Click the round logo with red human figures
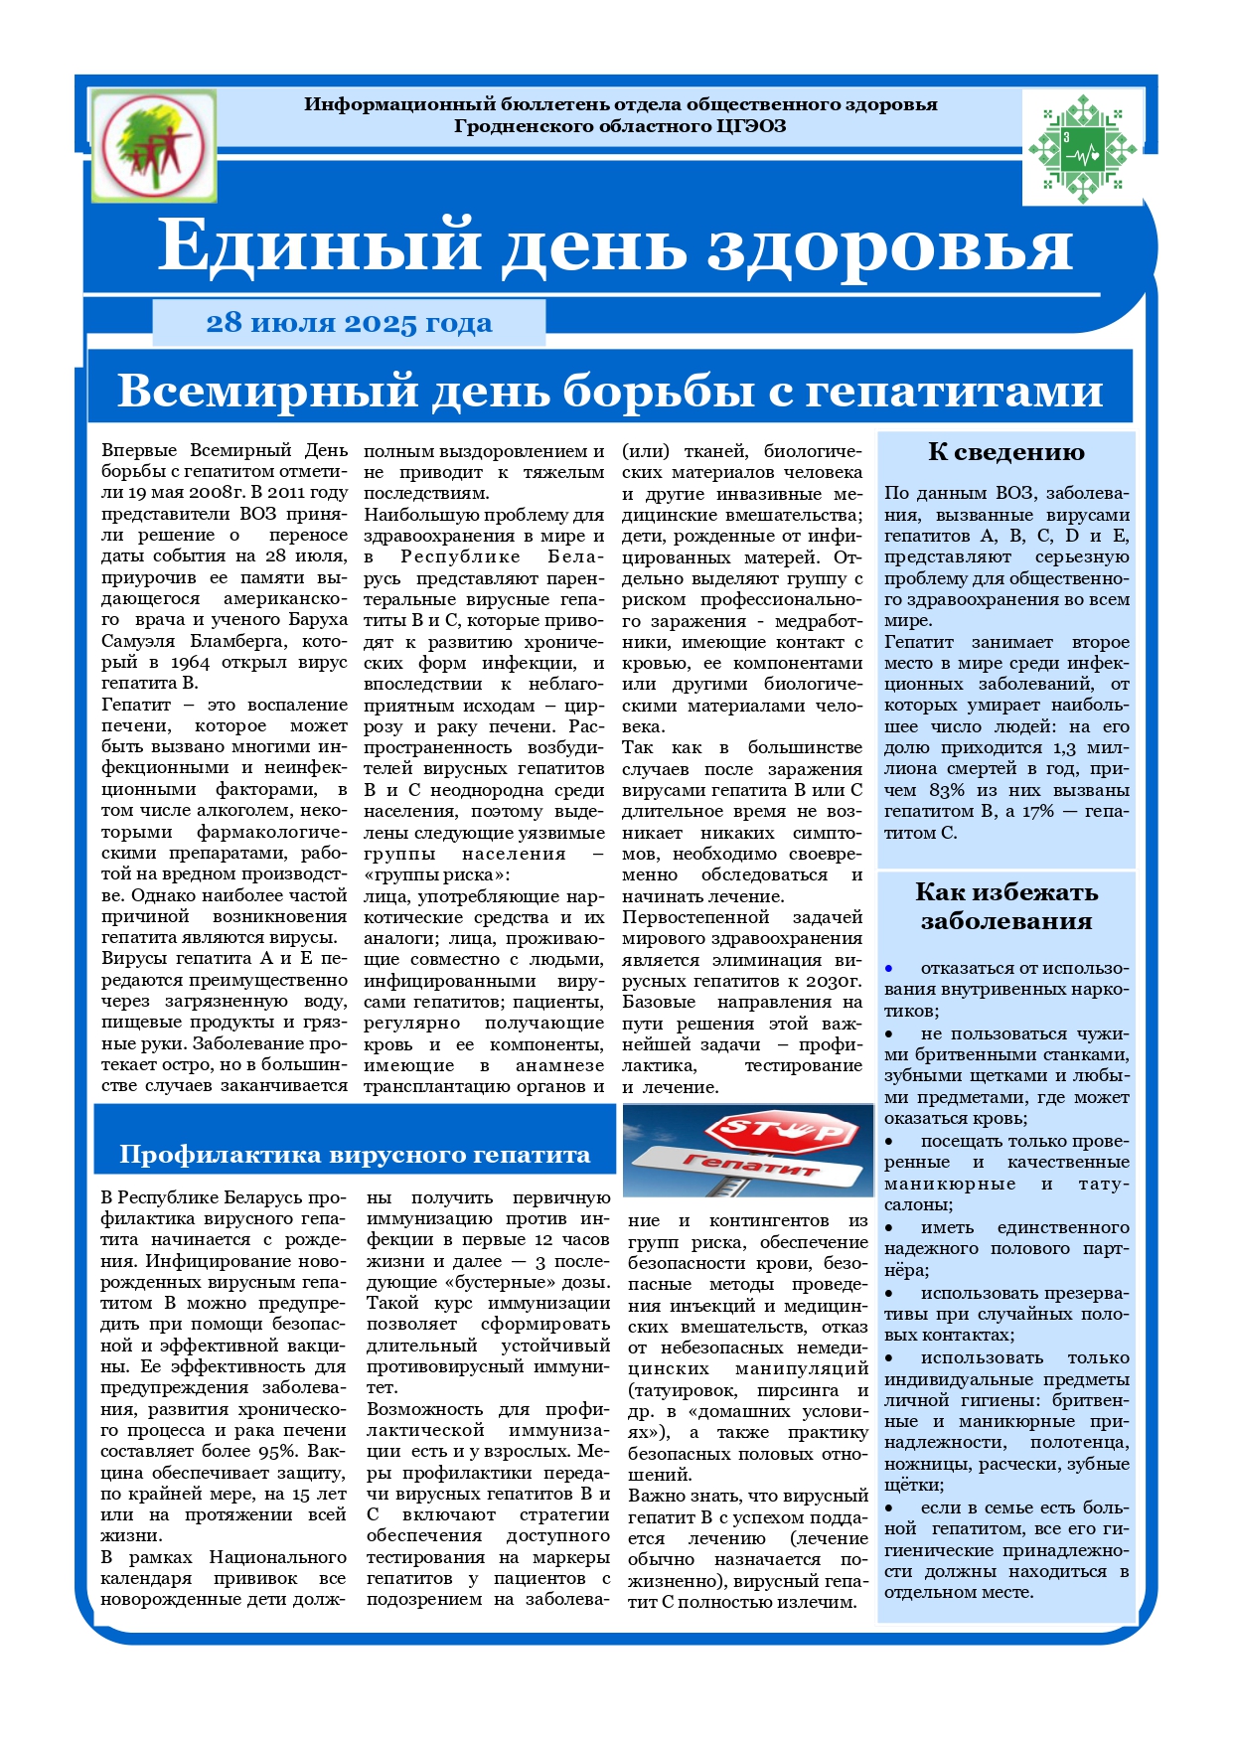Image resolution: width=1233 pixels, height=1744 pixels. (153, 145)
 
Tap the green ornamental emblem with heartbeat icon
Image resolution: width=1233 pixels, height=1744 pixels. (1081, 145)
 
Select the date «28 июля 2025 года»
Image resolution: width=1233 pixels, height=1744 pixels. (349, 323)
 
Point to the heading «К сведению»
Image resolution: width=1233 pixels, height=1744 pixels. (1005, 452)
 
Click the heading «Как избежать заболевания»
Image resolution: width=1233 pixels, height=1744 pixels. (1005, 905)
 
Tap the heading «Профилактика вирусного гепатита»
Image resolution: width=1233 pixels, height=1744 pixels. (355, 1155)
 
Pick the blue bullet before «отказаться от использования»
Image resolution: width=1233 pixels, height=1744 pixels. (890, 968)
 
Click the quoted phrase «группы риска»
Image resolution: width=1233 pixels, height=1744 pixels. (436, 875)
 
